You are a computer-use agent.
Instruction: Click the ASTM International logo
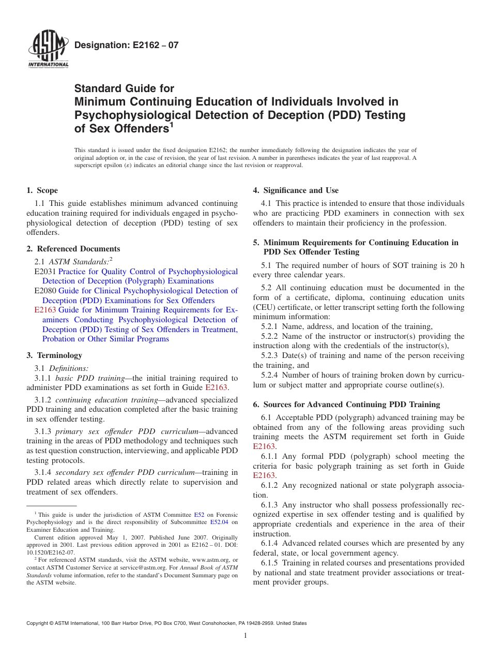(x=48, y=50)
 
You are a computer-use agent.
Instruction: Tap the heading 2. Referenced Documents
(x=73, y=249)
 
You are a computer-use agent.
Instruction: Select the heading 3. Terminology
(x=54, y=355)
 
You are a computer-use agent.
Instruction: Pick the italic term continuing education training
(x=106, y=400)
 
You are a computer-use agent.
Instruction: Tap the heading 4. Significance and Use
(x=296, y=190)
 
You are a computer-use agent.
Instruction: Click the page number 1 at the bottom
(x=245, y=636)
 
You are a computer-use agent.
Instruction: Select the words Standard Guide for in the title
(x=125, y=88)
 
